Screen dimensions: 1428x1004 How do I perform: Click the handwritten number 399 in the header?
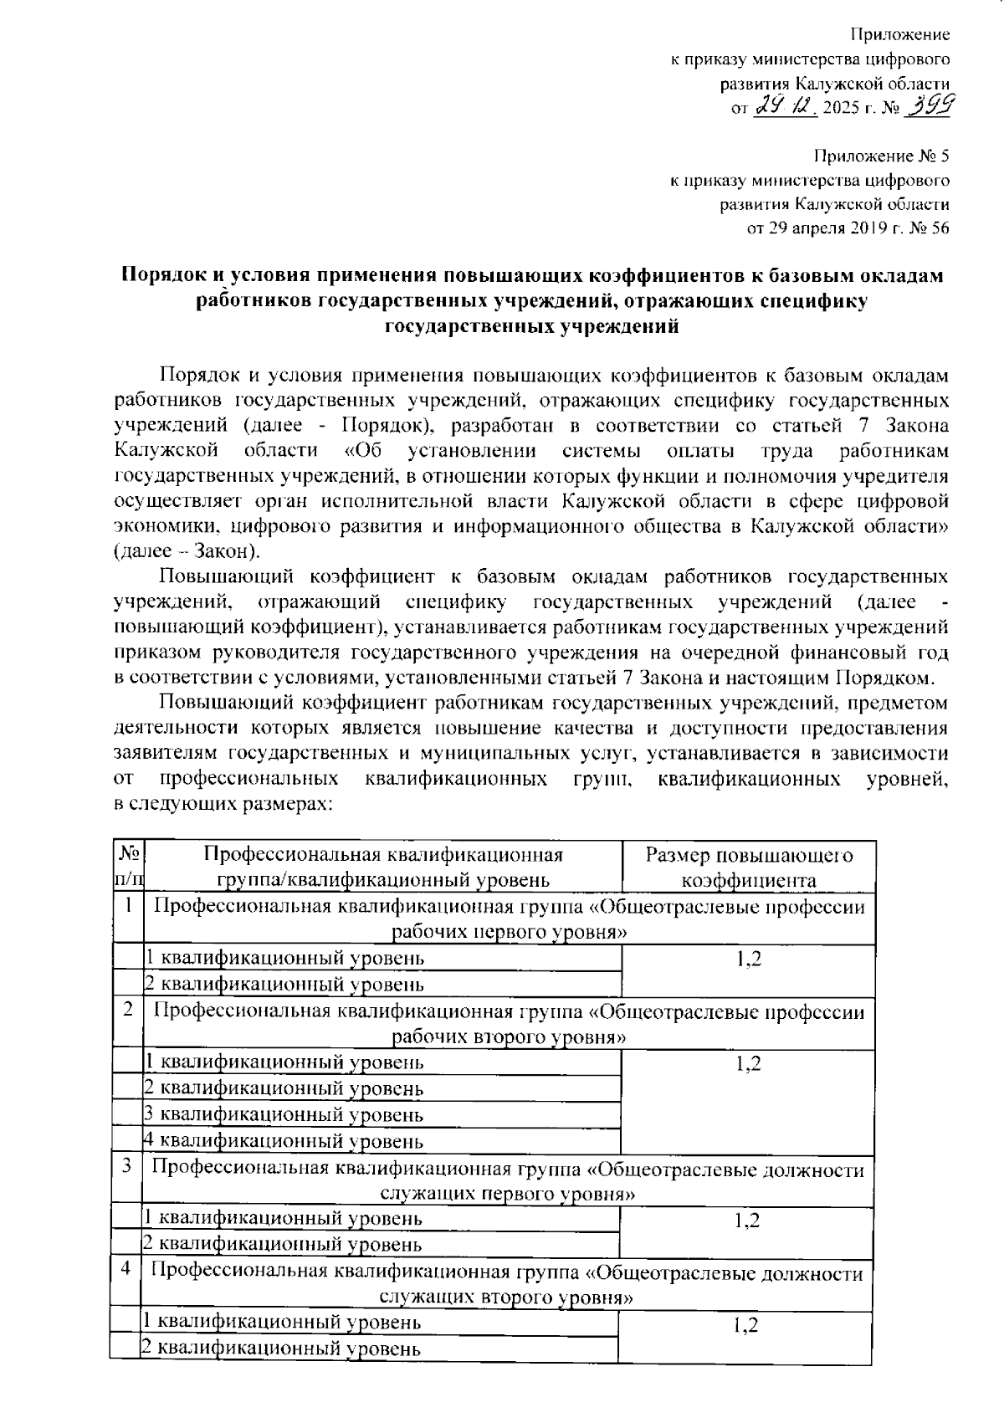pos(931,106)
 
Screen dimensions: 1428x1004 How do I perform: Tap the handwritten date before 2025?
pos(786,107)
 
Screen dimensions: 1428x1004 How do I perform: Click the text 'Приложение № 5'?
pos(882,156)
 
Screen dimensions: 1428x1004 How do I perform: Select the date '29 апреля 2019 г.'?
pos(824,228)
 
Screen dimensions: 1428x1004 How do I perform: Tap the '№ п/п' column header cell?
pos(127,867)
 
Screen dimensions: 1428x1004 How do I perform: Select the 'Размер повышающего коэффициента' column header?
pos(749,867)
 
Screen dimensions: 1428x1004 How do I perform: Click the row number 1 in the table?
pos(128,905)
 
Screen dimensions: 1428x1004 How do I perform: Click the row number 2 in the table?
pos(128,1010)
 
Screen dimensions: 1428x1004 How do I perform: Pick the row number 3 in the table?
pos(126,1166)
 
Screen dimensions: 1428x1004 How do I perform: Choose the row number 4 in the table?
pos(125,1270)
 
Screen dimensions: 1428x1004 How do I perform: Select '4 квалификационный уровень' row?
pos(284,1141)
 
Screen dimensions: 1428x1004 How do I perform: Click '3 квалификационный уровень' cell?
pos(284,1115)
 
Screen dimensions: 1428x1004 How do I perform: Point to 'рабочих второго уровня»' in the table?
pos(510,1037)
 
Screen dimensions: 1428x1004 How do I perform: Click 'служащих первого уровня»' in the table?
pos(505,1193)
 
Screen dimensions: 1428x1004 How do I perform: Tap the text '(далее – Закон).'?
pos(187,551)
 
